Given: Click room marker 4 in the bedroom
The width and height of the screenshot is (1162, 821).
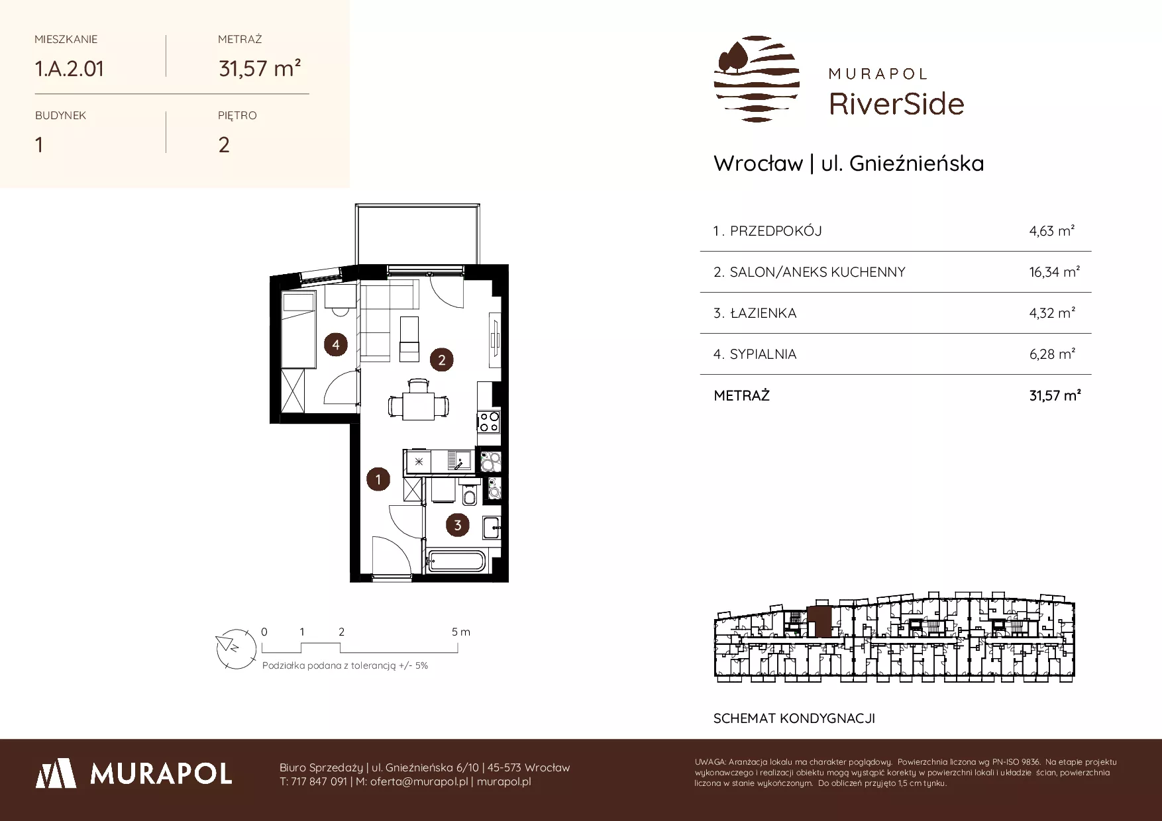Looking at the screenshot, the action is (336, 344).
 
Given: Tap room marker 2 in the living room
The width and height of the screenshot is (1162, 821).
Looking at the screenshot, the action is (441, 360).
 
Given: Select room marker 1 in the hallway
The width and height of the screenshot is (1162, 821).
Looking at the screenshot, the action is (378, 479).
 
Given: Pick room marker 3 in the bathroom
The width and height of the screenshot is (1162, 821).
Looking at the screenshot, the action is (458, 526).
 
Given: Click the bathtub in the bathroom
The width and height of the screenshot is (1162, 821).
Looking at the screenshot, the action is (457, 561).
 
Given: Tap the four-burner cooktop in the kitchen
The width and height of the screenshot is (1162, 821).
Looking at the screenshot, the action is (489, 421).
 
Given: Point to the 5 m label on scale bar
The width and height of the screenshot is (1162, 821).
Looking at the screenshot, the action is (461, 632).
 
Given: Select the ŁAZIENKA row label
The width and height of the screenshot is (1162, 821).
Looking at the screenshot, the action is (763, 313).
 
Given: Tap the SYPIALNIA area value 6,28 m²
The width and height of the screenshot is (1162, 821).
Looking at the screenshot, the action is (1052, 354).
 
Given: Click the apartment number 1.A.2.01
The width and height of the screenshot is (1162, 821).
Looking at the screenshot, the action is (70, 68).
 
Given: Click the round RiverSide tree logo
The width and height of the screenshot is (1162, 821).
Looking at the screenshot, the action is (757, 79).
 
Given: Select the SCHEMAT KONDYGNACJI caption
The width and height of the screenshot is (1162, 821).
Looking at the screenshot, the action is (794, 718).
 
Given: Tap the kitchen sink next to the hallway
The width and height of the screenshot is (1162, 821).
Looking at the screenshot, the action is (459, 459).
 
